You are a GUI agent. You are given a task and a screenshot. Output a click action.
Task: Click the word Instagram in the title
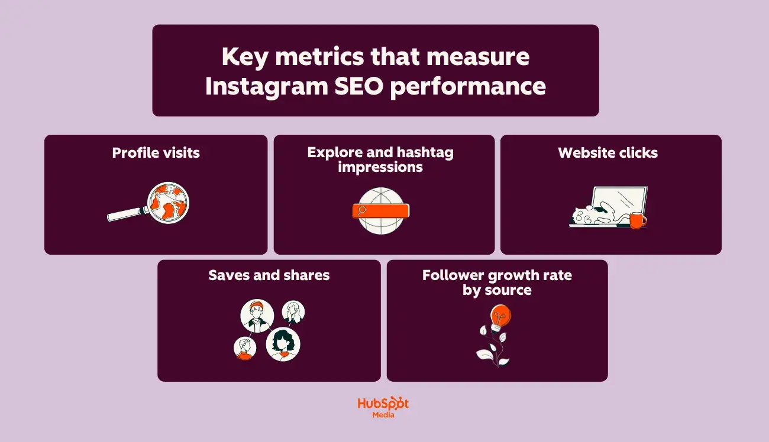coord(264,86)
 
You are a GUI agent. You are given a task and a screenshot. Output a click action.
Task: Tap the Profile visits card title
coord(156,153)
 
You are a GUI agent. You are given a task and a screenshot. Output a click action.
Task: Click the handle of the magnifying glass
coord(126,214)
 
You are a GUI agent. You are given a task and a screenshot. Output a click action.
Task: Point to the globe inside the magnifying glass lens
coord(169,203)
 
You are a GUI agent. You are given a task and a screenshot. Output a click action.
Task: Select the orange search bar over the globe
coord(380,210)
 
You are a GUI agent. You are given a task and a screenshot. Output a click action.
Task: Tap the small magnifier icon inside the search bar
coord(362,210)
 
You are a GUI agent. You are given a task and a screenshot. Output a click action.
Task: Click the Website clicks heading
coord(608,153)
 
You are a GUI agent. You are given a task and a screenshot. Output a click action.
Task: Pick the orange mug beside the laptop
coord(637,220)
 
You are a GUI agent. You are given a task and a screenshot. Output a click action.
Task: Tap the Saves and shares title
coord(269,275)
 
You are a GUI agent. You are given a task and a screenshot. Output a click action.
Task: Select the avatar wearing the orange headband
coord(257,316)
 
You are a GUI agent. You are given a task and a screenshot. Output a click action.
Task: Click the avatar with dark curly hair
coord(283,344)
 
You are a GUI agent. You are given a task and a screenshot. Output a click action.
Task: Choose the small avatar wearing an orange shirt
coord(245,348)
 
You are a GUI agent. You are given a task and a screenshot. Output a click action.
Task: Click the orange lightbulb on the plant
coord(500,317)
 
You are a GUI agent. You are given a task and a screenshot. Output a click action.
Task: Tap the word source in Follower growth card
coord(510,290)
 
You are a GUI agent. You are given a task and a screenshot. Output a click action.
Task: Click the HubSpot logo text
coord(383,404)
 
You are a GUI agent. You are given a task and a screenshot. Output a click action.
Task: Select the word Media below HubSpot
coord(383,415)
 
